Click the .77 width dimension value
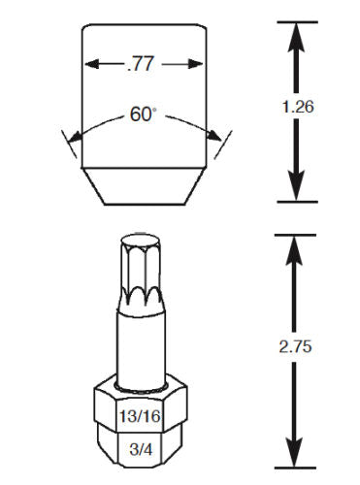point(141,64)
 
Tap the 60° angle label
point(143,113)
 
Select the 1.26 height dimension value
point(298,107)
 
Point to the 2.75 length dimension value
point(295,346)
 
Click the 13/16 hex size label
point(140,416)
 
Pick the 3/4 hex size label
point(141,449)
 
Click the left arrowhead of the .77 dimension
point(91,64)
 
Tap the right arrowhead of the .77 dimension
point(195,64)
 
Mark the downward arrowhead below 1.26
point(297,185)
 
